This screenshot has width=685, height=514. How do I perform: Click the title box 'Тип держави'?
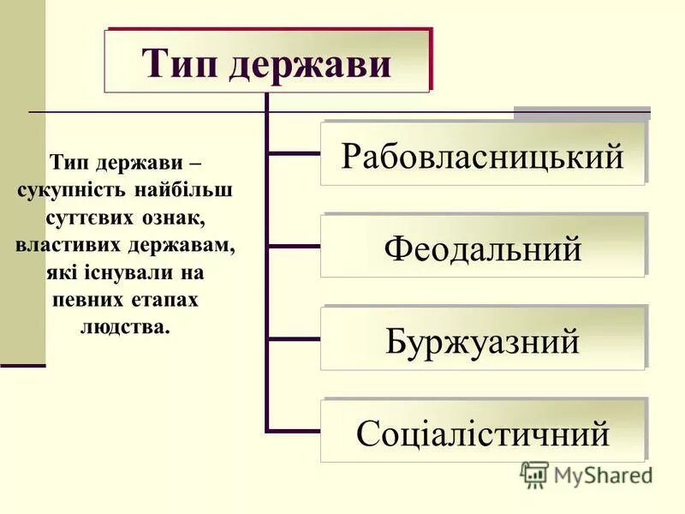(x=266, y=62)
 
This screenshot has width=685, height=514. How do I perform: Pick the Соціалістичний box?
(x=482, y=433)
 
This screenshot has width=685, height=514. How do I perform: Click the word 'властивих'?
(x=68, y=245)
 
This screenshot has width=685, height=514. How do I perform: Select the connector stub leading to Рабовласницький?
(x=294, y=154)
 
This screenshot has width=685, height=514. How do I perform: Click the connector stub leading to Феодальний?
(x=294, y=247)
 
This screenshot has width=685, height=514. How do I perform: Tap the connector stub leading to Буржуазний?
(x=294, y=339)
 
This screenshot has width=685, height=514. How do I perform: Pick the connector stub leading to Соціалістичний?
(x=294, y=430)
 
